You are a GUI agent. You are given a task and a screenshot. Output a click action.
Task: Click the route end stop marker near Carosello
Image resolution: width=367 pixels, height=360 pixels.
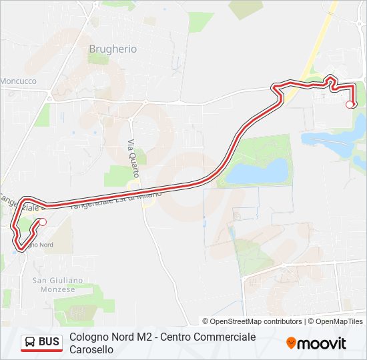point(350,104)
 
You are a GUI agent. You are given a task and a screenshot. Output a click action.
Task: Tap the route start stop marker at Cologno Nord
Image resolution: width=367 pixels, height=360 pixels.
point(43,222)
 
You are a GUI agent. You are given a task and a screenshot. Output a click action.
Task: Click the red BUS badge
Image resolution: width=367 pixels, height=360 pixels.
point(41,343)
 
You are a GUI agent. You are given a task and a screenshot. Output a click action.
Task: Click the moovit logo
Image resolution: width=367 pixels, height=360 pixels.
point(316,343)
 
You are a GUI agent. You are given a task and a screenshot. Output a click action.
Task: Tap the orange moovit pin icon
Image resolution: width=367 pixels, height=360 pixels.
point(291,343)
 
